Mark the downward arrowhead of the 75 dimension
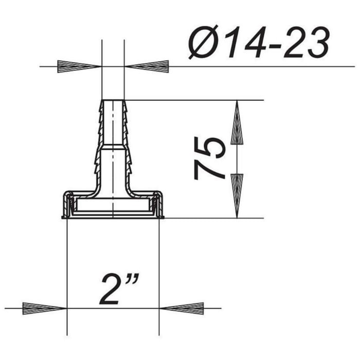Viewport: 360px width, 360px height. point(237,195)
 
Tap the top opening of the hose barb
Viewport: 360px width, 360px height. point(113,100)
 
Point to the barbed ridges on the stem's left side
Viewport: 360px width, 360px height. point(98,139)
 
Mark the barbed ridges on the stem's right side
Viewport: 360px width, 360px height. point(129,139)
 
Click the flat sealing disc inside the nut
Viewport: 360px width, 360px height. point(113,208)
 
